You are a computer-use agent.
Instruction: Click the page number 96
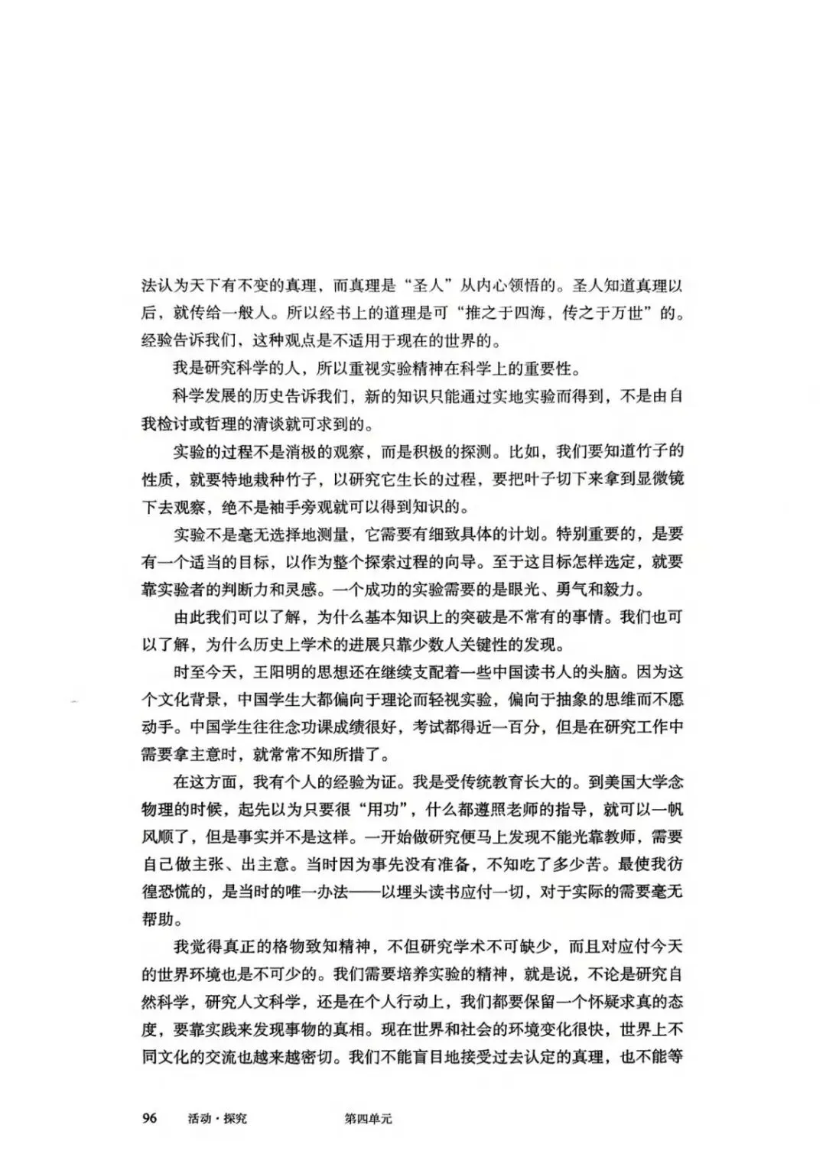(149, 1118)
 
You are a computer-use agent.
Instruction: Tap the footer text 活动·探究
(217, 1118)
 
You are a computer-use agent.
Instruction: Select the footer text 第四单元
(369, 1118)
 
